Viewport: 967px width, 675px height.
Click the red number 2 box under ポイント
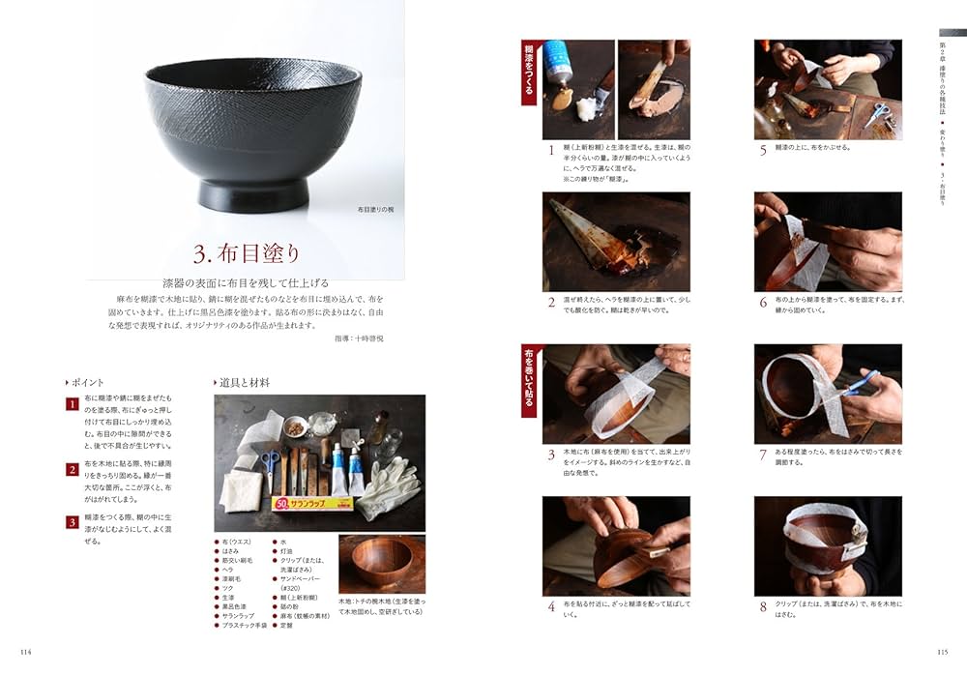click(x=72, y=470)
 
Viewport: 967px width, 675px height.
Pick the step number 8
click(x=763, y=607)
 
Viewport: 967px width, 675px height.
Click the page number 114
click(x=26, y=652)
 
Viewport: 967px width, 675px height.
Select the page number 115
click(x=941, y=652)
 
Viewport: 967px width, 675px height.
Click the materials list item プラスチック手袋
click(x=246, y=626)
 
